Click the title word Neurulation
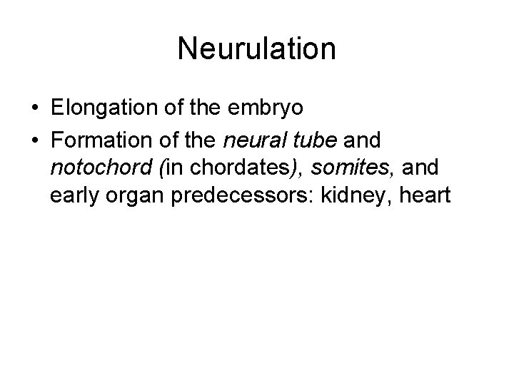tap(257, 49)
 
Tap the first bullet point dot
tap(35, 109)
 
